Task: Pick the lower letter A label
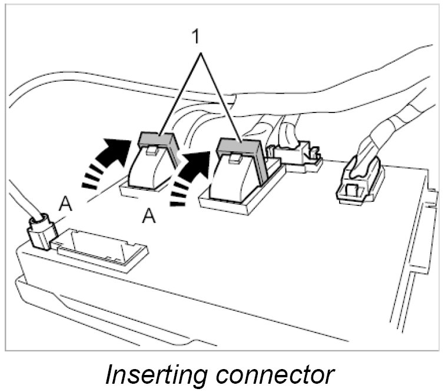[150, 217]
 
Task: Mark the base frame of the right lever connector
[230, 203]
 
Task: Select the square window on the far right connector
[352, 190]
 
